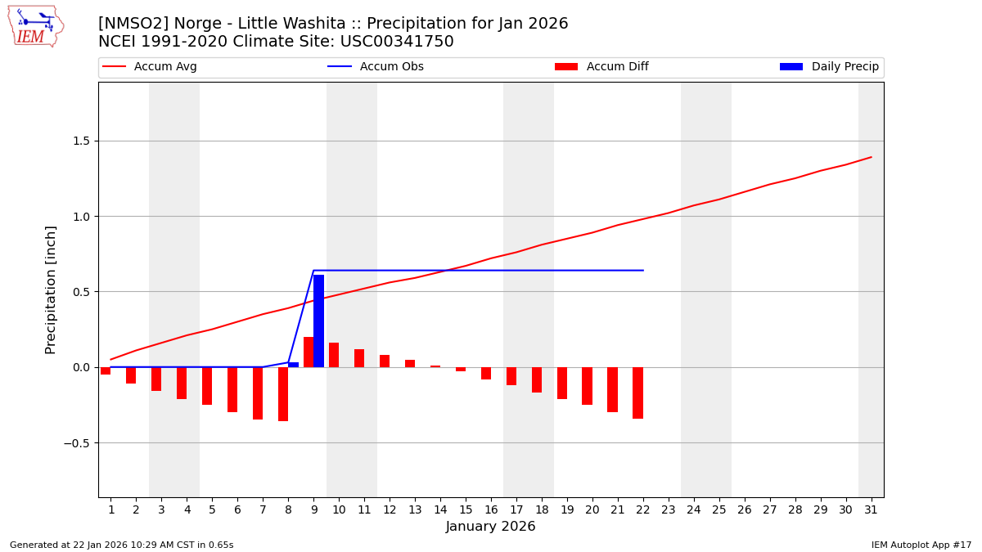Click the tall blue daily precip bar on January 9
(318, 321)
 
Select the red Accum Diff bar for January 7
(258, 393)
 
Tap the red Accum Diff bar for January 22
(637, 393)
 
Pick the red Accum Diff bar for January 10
(334, 355)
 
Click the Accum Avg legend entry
(151, 67)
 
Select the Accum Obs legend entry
(376, 67)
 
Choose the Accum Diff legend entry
(601, 67)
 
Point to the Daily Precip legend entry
(830, 67)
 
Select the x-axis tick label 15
(465, 510)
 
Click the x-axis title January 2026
(491, 527)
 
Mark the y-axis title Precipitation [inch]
(51, 289)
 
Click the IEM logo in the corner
(35, 26)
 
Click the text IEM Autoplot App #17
(921, 545)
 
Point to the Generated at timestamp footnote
(121, 545)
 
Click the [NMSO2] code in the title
(131, 24)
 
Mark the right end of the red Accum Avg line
(871, 157)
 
